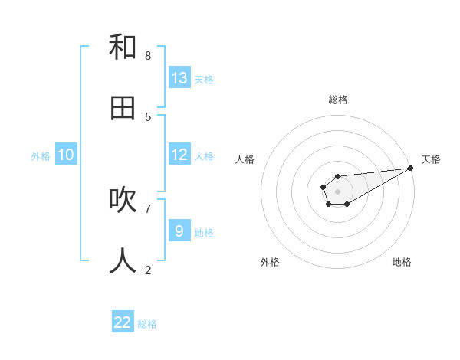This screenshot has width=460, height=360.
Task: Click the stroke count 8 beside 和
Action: click(x=148, y=55)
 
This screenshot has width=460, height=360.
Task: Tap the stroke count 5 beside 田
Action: click(x=148, y=116)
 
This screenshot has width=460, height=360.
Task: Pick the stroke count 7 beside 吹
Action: click(x=148, y=208)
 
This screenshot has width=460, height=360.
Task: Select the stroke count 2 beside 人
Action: click(x=148, y=270)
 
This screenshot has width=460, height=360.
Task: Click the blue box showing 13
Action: click(x=179, y=77)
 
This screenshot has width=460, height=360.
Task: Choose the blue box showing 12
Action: click(x=179, y=155)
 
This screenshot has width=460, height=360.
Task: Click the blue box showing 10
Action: click(x=66, y=155)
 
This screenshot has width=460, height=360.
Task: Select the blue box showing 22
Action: click(x=123, y=322)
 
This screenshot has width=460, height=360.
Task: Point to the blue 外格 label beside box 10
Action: click(x=41, y=156)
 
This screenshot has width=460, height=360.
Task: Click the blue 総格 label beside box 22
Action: click(x=147, y=324)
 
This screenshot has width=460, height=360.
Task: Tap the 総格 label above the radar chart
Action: click(x=337, y=100)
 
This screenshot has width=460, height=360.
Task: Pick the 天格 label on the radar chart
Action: click(x=431, y=159)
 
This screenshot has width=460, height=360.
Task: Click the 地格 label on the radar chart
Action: click(x=402, y=262)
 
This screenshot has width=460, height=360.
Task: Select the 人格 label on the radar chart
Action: click(x=245, y=159)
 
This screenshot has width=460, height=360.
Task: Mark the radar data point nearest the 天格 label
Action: click(x=410, y=168)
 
